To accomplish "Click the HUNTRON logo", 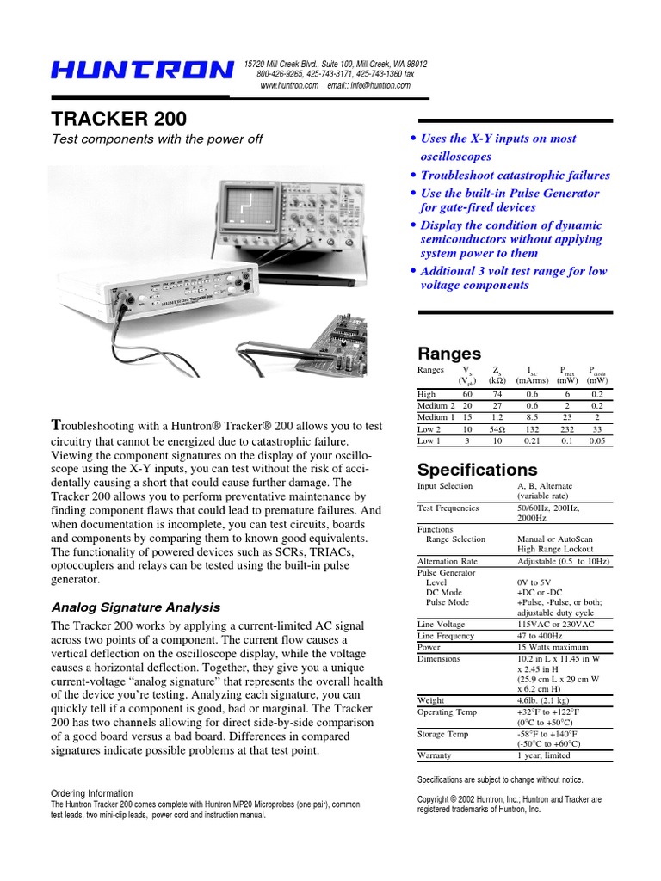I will pyautogui.click(x=140, y=71).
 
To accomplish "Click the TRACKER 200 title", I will pyautogui.click(x=119, y=119).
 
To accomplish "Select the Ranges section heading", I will pyautogui.click(x=448, y=353).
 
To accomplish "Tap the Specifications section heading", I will pyautogui.click(x=477, y=470).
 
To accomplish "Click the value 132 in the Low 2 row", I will pyautogui.click(x=525, y=429).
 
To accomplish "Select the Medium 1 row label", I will pyautogui.click(x=436, y=417).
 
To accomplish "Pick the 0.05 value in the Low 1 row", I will pyautogui.click(x=597, y=441).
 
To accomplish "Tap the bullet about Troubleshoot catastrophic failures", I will pyautogui.click(x=515, y=176).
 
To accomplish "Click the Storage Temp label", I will pyautogui.click(x=442, y=734).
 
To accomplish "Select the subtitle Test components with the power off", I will pyautogui.click(x=158, y=139).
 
